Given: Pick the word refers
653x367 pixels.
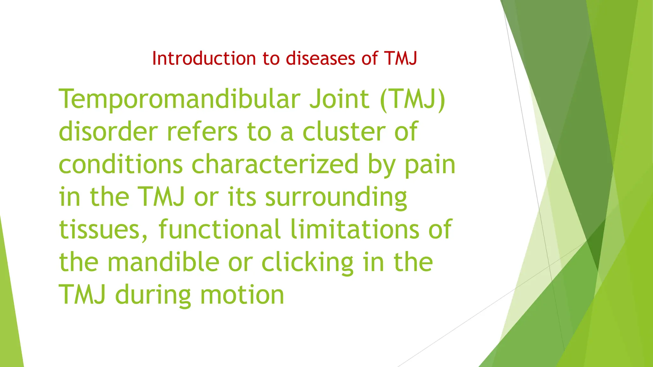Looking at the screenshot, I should (202, 132).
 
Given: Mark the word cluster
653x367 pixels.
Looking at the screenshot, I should (344, 132).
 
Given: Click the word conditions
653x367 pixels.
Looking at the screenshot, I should (121, 164).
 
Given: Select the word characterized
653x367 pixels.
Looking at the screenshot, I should (275, 164).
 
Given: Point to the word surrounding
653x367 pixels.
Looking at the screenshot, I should (336, 198).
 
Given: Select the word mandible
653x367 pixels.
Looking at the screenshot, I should (163, 262).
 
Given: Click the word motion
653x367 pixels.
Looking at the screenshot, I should (242, 295).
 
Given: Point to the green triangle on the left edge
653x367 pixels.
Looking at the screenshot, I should (10, 306).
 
